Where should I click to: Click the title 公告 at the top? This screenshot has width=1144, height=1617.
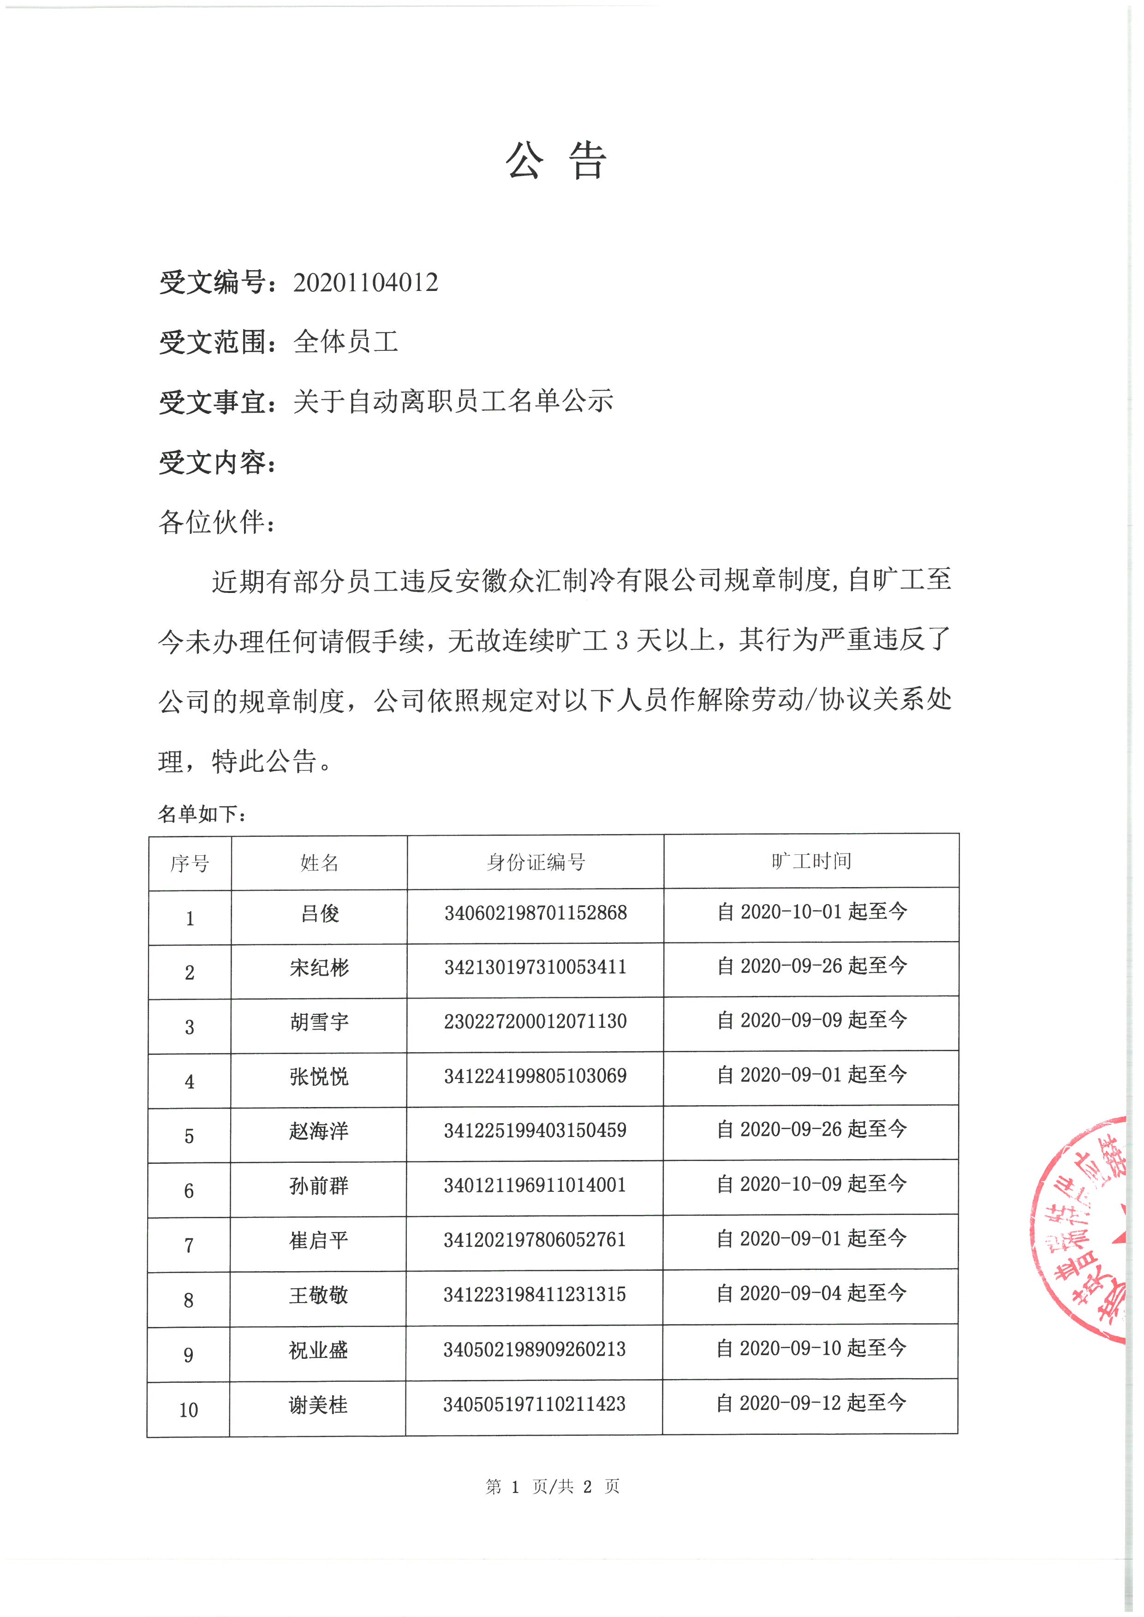(556, 160)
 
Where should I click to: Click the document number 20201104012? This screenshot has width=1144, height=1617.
(366, 283)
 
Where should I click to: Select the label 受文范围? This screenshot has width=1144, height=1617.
(216, 342)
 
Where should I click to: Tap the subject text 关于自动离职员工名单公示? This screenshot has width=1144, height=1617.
(453, 402)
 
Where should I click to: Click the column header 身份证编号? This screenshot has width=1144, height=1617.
(536, 862)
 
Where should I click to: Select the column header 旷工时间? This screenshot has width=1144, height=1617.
(811, 861)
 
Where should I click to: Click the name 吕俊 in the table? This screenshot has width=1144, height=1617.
(320, 913)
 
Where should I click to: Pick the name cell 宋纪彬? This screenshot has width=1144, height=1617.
(319, 968)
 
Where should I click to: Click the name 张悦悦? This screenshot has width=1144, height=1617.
(319, 1076)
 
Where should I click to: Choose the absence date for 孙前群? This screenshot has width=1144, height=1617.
(811, 1184)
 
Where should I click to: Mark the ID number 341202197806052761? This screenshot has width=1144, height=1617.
(535, 1239)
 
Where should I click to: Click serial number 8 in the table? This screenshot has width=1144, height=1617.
(189, 1300)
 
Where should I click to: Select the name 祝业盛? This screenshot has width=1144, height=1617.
(318, 1350)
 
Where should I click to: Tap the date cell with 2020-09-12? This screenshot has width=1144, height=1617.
(811, 1403)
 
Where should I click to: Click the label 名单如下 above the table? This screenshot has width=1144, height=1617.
(202, 814)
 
